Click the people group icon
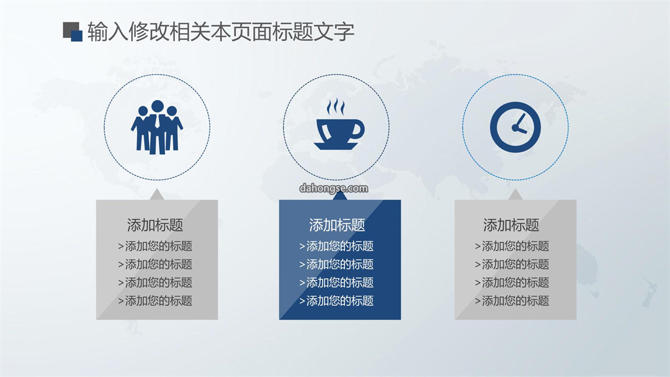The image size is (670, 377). click(x=157, y=127)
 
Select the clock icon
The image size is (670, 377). click(x=516, y=127)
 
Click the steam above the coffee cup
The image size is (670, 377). click(x=336, y=107)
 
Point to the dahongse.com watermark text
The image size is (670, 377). click(x=334, y=188)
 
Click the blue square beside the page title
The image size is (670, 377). click(x=77, y=36)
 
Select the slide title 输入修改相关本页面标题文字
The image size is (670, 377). click(x=221, y=32)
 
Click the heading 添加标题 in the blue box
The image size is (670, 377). click(x=337, y=225)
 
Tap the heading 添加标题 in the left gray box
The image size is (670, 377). click(x=155, y=225)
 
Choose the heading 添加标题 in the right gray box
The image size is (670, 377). click(x=511, y=225)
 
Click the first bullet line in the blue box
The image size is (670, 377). click(x=336, y=246)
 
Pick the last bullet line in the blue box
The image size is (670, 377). click(x=336, y=301)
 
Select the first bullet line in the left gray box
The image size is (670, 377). click(x=155, y=246)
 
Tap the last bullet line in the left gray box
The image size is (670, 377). click(x=155, y=301)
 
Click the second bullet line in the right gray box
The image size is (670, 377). click(x=512, y=265)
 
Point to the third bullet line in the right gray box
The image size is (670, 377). click(x=512, y=283)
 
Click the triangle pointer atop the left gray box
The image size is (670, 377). click(x=157, y=196)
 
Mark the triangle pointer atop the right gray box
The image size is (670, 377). click(x=516, y=196)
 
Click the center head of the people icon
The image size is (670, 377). click(x=157, y=106)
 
